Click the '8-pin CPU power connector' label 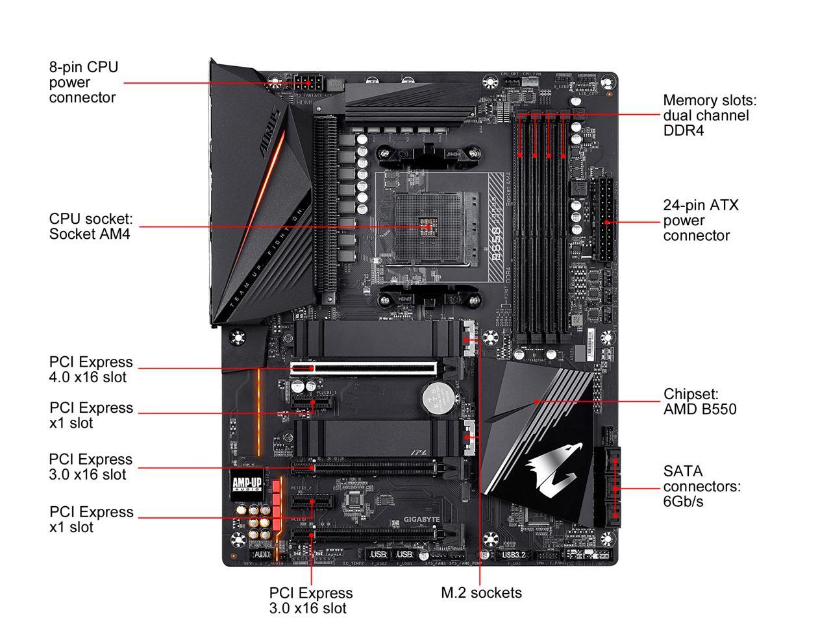pyautogui.click(x=84, y=82)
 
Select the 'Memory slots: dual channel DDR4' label pyautogui.click(x=710, y=116)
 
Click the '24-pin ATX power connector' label pyautogui.click(x=701, y=221)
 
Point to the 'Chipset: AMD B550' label pyautogui.click(x=700, y=402)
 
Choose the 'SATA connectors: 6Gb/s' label pyautogui.click(x=701, y=486)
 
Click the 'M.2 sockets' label pyautogui.click(x=481, y=592)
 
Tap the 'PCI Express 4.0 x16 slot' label pyautogui.click(x=91, y=369)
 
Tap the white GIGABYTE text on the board pyautogui.click(x=423, y=519)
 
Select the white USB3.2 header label pyautogui.click(x=514, y=555)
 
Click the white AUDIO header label pyautogui.click(x=262, y=555)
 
